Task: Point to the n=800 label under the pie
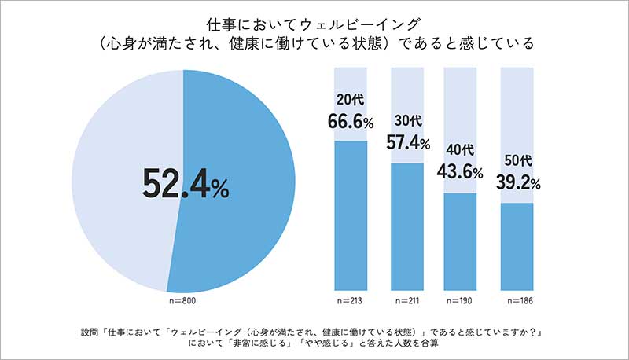pyautogui.click(x=182, y=302)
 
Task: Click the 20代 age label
pyautogui.click(x=351, y=101)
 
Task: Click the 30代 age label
pyautogui.click(x=406, y=123)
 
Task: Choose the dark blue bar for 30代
pyautogui.click(x=407, y=228)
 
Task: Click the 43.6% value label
pyautogui.click(x=461, y=171)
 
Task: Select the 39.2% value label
pyautogui.click(x=517, y=182)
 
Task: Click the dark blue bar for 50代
pyautogui.click(x=517, y=247)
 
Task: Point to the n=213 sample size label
pyautogui.click(x=351, y=302)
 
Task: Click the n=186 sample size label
pyautogui.click(x=517, y=302)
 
